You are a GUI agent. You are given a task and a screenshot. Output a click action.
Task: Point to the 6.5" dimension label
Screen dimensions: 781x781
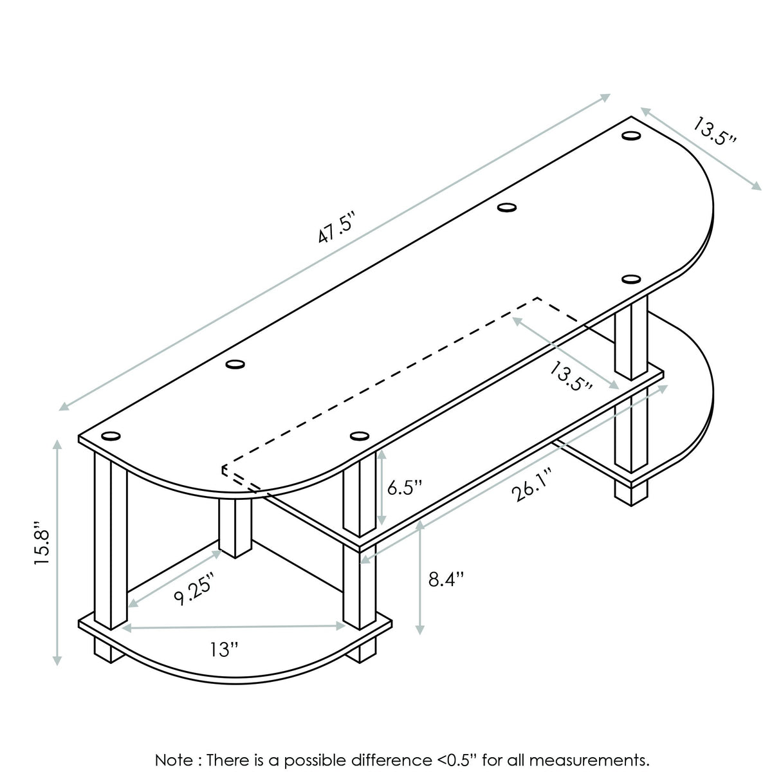tap(404, 487)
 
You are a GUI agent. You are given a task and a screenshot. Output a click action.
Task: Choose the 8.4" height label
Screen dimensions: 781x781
tap(446, 579)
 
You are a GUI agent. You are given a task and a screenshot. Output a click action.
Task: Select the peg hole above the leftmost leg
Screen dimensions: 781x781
tap(111, 436)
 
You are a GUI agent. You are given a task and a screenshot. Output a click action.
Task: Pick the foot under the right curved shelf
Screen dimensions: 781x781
tap(630, 492)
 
